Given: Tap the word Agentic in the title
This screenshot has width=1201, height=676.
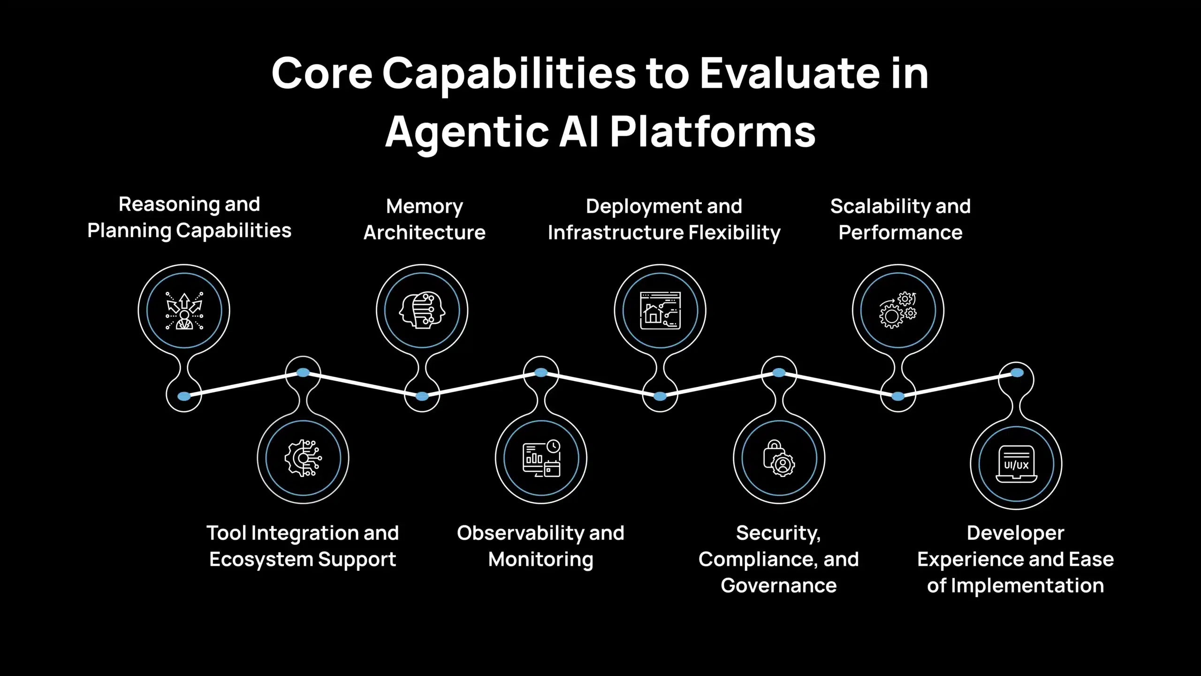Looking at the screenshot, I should pos(466,133).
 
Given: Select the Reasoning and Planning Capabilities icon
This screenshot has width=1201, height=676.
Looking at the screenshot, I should pos(184,311).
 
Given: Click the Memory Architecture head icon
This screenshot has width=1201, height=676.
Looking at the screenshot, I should pos(422,310).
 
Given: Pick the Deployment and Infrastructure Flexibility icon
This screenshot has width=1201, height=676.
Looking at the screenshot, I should pos(660,310).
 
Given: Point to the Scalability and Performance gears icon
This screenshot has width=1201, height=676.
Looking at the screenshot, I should pos(897,310).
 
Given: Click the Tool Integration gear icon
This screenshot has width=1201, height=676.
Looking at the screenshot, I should pos(303,458).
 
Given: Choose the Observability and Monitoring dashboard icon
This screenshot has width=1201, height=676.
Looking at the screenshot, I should pos(541,458).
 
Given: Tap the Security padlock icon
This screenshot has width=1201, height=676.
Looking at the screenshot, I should pos(779,458).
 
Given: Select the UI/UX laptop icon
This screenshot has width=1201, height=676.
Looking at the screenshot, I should pos(1016,464).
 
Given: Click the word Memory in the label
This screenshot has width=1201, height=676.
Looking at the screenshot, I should pos(424,207).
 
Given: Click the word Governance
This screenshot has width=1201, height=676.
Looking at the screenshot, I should pos(779,586).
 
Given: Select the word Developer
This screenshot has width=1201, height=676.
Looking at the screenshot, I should pos(1015,533).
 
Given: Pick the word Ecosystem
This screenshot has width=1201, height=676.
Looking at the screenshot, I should pos(261,560).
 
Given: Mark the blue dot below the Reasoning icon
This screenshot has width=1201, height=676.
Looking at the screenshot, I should pos(184,396).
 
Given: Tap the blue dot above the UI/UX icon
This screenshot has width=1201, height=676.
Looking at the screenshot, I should pos(1017,373).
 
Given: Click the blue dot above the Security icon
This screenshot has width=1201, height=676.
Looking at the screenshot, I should pos(779,373).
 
